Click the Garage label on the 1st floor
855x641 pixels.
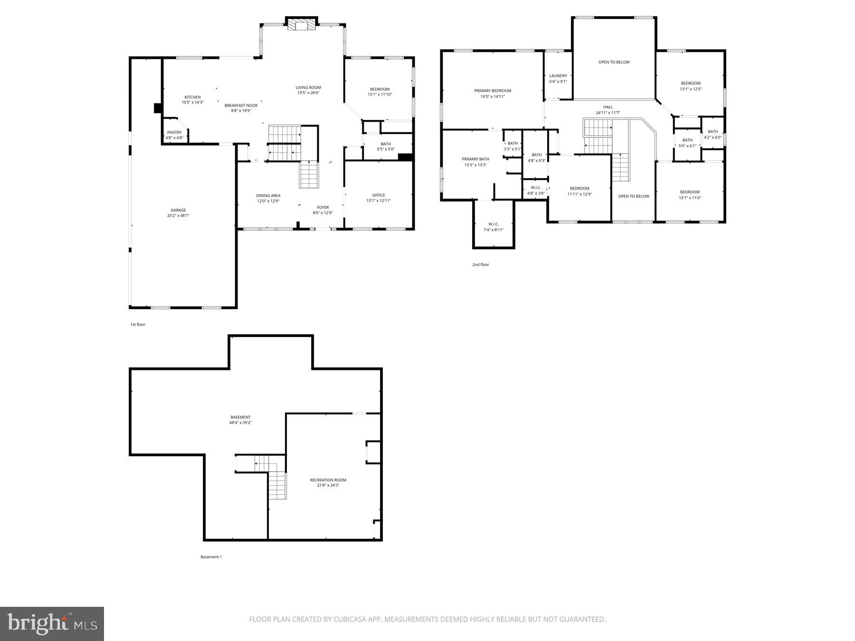(x=178, y=210)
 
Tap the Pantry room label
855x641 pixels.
(x=174, y=132)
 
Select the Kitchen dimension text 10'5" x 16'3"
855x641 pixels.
(x=192, y=103)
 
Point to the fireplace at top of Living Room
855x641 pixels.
(x=301, y=25)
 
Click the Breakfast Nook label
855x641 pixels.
(x=241, y=105)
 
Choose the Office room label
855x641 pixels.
(x=379, y=195)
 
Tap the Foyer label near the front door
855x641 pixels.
(x=323, y=207)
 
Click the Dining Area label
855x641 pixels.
(x=268, y=196)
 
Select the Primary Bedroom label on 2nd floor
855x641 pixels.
(x=493, y=91)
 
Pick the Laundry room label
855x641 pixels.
(x=558, y=76)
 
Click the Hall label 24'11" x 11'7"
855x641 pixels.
(x=608, y=107)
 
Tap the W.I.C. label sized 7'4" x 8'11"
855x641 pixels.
(x=494, y=224)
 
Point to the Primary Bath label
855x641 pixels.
(x=475, y=160)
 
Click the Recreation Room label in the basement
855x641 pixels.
(x=328, y=480)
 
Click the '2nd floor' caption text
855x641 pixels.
(x=480, y=265)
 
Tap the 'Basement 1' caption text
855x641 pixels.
(x=211, y=557)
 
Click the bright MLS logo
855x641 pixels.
(x=52, y=624)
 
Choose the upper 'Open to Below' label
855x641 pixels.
(x=614, y=62)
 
